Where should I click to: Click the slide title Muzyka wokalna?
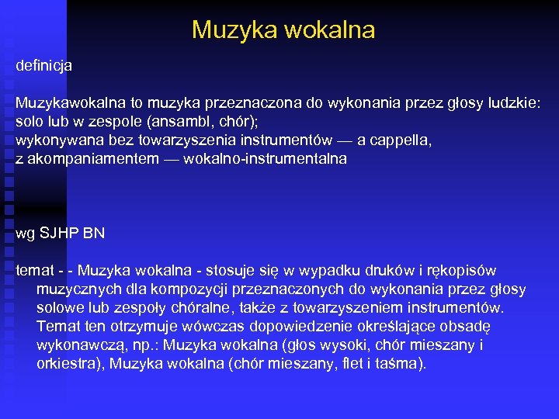(283, 30)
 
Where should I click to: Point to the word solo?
(30, 122)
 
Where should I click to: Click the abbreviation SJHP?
(59, 233)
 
